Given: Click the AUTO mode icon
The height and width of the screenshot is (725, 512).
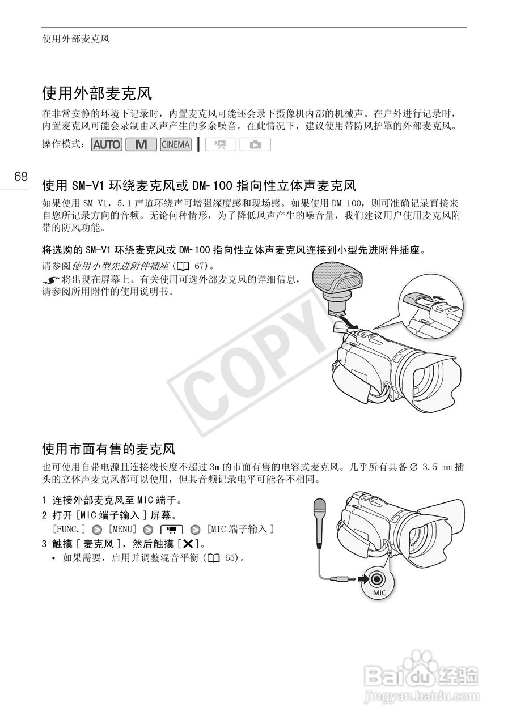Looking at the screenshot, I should coord(107,144).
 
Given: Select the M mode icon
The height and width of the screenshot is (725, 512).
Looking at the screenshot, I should coord(141,144).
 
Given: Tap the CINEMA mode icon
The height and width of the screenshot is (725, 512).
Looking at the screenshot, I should coord(176,144).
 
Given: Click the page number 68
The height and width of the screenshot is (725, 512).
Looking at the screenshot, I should coord(21,176).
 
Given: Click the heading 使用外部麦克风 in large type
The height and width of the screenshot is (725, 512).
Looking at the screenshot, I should coord(97,93).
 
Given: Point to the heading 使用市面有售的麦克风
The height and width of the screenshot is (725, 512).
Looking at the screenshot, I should coord(109,449).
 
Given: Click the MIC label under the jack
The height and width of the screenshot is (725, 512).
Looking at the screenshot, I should coord(379,592).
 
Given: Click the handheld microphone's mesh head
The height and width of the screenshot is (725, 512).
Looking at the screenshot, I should coord(320,507).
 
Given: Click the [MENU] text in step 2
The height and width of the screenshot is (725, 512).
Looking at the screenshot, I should coord(122,529).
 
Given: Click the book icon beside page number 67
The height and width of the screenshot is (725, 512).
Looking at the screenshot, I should coord(184,266).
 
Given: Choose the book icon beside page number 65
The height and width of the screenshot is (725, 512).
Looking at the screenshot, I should coord(214,558).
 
